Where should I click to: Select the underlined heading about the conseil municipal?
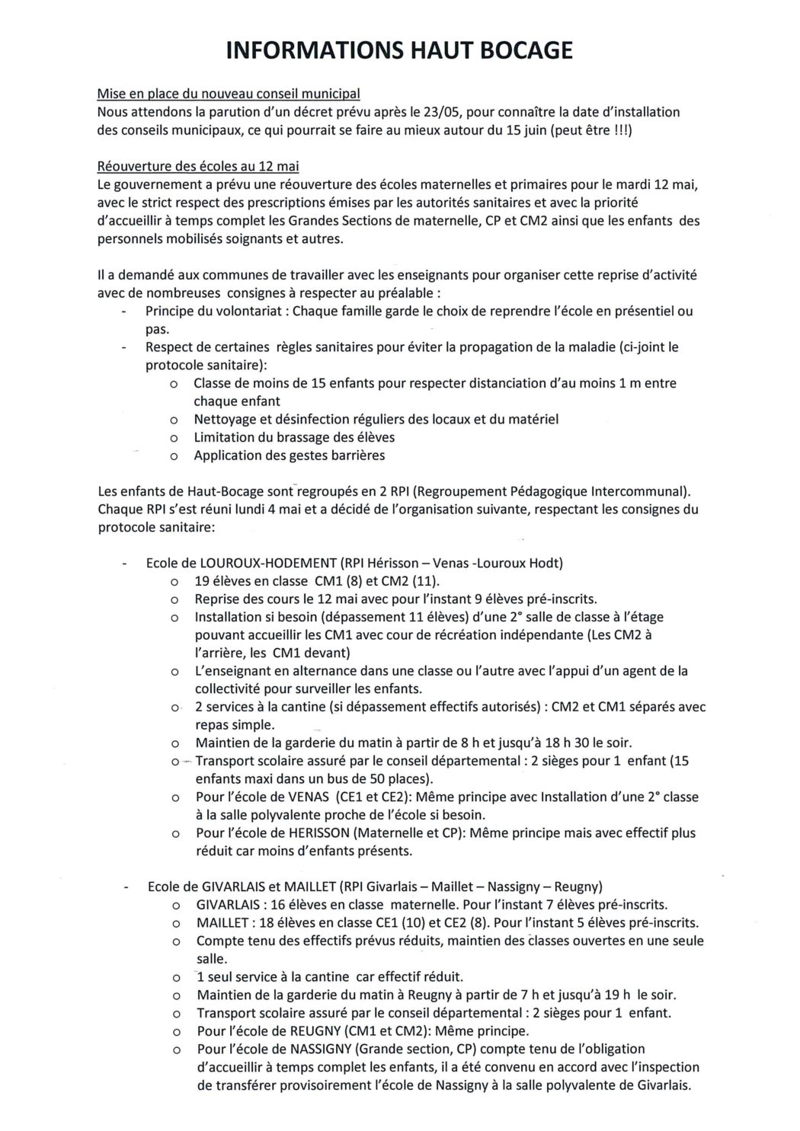coord(229,94)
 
